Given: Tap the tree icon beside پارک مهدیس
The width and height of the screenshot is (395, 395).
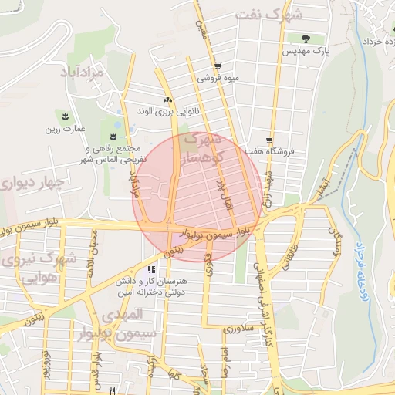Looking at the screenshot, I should [307, 38].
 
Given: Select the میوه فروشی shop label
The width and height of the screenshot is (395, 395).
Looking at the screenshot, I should [218, 78].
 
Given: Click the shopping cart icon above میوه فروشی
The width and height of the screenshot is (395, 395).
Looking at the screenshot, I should [218, 66].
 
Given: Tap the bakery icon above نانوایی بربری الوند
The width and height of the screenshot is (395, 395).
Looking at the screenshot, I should [168, 100].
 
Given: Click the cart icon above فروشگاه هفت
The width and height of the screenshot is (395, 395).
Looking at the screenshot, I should [268, 140].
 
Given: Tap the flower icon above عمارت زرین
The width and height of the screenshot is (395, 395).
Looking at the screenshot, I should [66, 116].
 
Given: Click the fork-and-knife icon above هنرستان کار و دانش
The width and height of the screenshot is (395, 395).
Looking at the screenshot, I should [151, 269].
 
